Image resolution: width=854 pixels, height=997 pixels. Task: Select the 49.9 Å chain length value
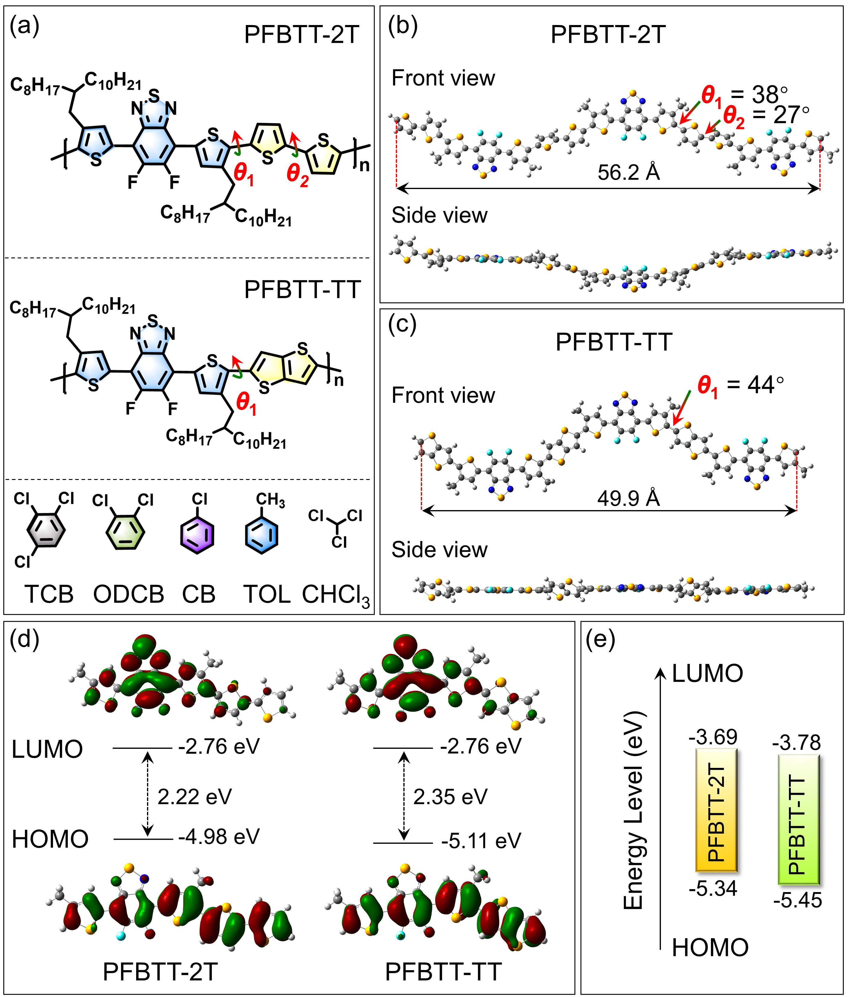(628, 499)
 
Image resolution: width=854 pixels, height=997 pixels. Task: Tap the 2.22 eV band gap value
(195, 796)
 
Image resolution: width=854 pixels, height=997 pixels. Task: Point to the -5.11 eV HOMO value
(481, 841)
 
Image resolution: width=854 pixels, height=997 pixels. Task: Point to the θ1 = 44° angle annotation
(740, 385)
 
